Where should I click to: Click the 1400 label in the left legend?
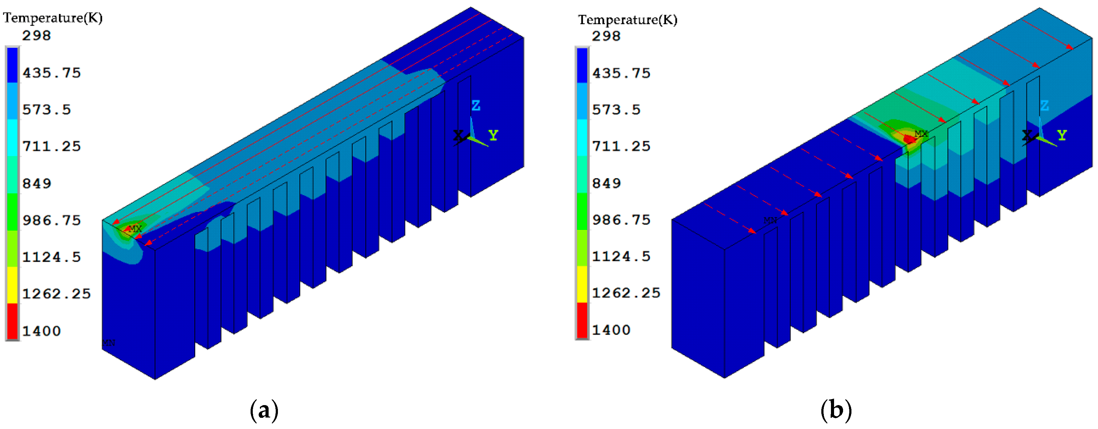click(x=41, y=331)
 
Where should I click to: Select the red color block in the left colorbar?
click(x=12, y=321)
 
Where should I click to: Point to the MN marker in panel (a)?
click(x=109, y=342)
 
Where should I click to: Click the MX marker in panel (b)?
click(x=921, y=133)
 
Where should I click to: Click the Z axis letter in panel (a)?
click(x=476, y=106)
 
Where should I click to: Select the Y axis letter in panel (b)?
click(x=1062, y=135)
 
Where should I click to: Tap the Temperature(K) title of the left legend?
click(x=53, y=18)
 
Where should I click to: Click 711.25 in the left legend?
click(x=52, y=147)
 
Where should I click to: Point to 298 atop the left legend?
click(x=37, y=35)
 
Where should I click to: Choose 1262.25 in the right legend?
click(x=626, y=293)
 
